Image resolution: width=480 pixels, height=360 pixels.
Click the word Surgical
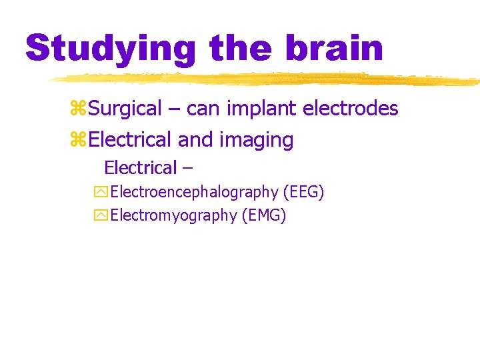coord(125,108)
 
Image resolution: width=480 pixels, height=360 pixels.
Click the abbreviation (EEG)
coord(303,193)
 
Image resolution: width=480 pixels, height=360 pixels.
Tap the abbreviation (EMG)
coord(266,215)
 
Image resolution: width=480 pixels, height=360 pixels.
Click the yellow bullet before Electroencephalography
coord(101,193)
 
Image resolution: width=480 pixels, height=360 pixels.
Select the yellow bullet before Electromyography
coord(101,215)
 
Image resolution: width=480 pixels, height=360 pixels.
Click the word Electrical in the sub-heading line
coord(141,167)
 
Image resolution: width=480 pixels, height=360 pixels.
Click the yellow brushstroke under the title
coord(267,79)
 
